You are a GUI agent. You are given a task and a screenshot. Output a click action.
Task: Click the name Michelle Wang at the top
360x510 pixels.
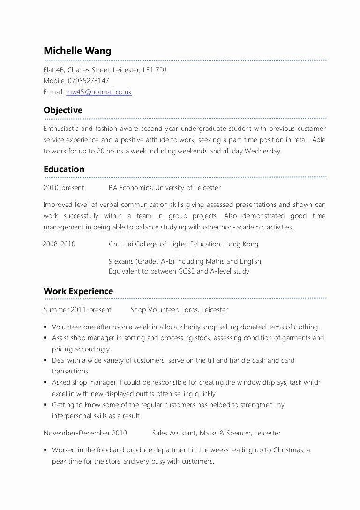(77, 51)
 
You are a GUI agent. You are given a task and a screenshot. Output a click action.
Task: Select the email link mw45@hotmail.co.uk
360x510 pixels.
(98, 92)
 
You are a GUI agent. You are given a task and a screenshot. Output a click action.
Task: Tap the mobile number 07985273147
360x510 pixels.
(88, 81)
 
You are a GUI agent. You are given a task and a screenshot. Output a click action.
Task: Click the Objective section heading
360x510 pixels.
(63, 110)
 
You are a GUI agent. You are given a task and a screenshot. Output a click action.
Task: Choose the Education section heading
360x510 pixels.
(64, 169)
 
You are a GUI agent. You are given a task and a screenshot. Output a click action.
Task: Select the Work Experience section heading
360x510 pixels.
(78, 291)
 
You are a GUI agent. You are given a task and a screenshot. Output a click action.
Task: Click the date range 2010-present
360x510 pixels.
(64, 188)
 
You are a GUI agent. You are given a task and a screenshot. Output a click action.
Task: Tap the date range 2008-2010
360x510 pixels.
(59, 244)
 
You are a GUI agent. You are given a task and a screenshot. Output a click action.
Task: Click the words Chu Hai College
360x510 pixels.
(132, 244)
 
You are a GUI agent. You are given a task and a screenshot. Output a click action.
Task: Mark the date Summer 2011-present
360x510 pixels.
(77, 310)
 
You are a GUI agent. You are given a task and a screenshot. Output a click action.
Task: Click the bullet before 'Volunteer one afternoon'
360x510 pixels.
(45, 327)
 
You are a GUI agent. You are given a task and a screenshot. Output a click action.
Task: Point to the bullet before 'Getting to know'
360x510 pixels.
(45, 405)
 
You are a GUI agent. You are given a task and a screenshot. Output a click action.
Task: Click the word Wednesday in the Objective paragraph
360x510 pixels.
(263, 151)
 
